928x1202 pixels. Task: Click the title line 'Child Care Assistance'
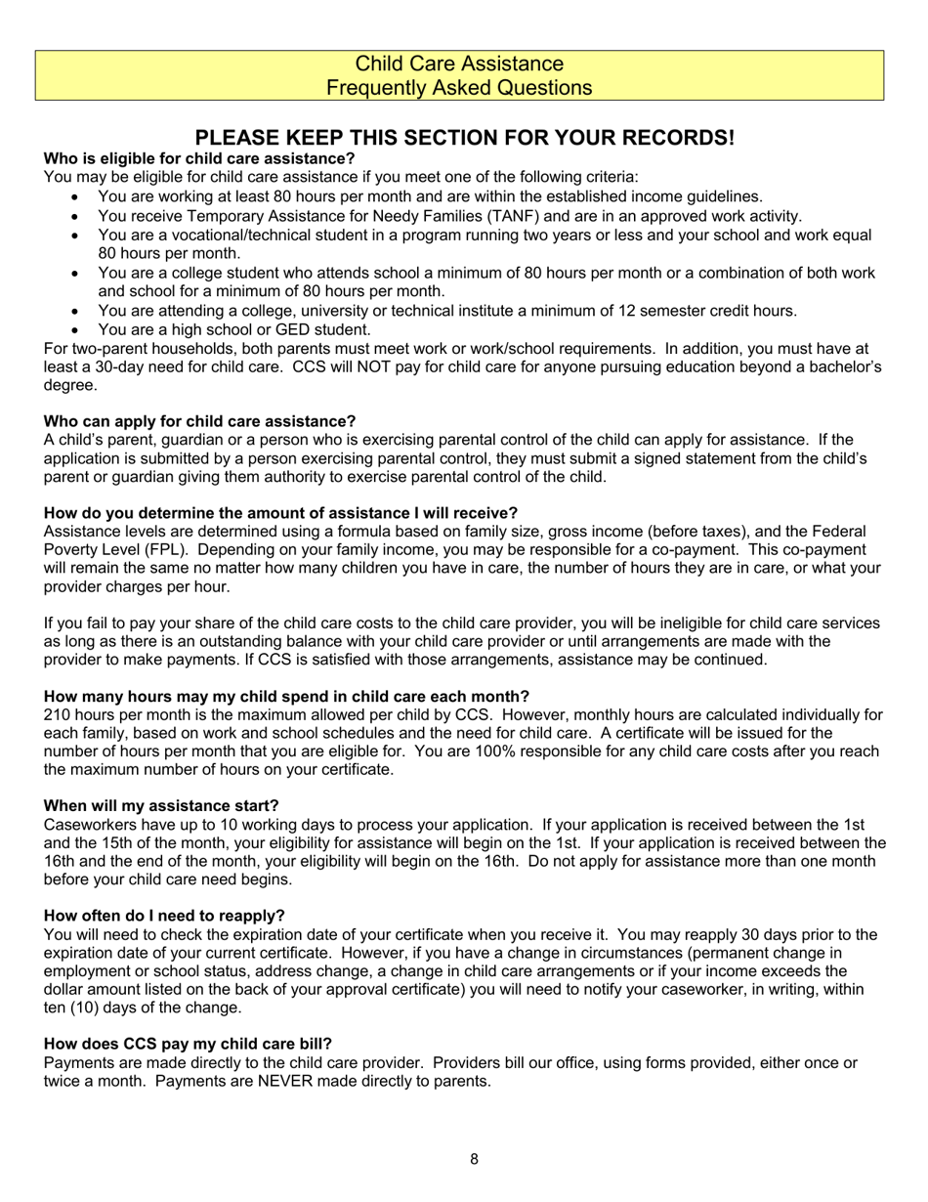tap(459, 64)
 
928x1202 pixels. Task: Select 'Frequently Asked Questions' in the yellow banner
tap(459, 88)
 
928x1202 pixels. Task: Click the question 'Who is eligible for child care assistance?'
tap(199, 158)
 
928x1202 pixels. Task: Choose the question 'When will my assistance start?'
tap(161, 805)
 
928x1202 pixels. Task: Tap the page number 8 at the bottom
tap(474, 1160)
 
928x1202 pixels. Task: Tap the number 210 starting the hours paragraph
tap(58, 714)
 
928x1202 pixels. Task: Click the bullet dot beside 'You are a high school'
tap(78, 330)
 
